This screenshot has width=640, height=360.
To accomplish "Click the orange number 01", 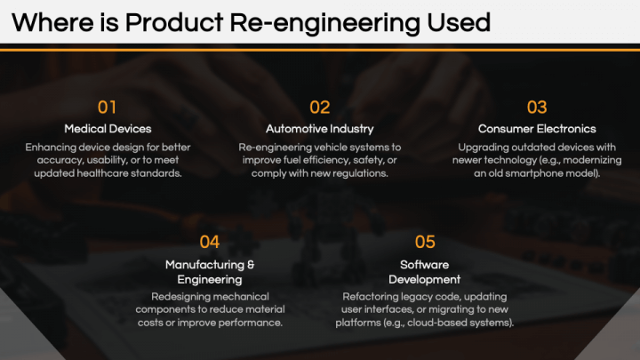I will pos(107,108).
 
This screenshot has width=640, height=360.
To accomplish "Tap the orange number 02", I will pos(319,108).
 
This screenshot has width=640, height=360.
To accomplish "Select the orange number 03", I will pos(537,108).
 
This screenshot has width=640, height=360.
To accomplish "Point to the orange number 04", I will pos(210,241).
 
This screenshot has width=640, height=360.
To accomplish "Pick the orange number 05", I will pos(425,241).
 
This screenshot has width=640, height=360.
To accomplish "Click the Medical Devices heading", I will pos(108,129).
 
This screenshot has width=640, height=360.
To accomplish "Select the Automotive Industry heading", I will pos(319,129).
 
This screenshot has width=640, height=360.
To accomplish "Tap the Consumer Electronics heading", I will pos(537,129).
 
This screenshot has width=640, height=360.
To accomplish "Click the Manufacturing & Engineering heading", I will pos(210,271).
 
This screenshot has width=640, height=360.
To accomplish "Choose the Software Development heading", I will pos(425,271).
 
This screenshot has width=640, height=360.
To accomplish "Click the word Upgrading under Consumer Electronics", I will pos(485,147).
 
